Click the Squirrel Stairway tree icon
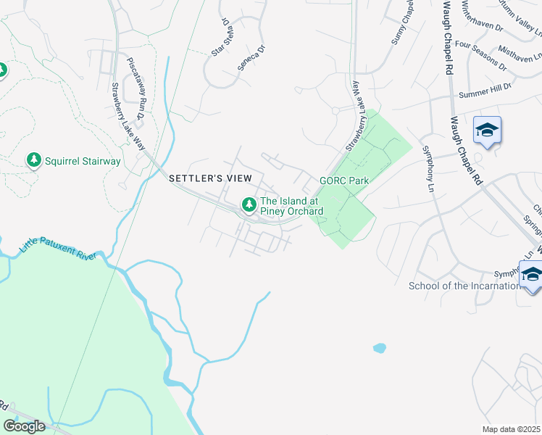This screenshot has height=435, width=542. click(x=33, y=160)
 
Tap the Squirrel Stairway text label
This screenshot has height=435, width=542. click(x=82, y=161)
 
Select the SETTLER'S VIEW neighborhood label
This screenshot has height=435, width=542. click(x=210, y=178)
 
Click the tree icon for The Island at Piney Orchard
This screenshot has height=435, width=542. click(x=249, y=205)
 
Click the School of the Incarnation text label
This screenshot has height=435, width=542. click(x=464, y=286)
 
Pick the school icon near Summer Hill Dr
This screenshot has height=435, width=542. click(x=487, y=131)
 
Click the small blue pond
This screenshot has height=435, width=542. click(x=380, y=348)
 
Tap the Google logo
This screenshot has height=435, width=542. click(x=25, y=426)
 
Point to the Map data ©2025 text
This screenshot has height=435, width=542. click(x=511, y=429)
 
